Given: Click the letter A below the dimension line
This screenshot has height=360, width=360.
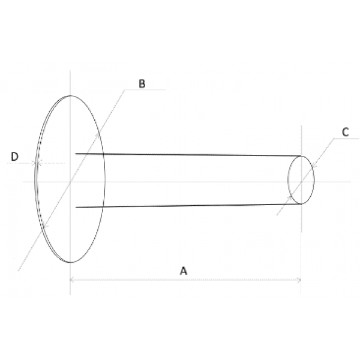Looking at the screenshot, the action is tap(184, 271).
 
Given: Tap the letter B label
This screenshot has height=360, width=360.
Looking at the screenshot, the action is tap(142, 84).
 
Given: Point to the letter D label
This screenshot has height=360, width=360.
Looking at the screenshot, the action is tap(15, 157).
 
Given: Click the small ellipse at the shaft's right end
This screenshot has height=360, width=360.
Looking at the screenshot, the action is tap(301, 180).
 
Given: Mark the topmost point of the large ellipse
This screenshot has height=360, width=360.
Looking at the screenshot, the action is tap(71, 95).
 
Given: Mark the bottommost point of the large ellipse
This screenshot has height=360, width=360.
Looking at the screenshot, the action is tap(71, 262).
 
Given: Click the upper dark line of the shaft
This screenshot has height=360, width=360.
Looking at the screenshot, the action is tap(186, 155).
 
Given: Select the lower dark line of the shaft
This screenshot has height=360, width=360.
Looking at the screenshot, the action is tap(186, 206).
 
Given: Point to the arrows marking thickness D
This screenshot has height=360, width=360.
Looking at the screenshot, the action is tap(37, 163).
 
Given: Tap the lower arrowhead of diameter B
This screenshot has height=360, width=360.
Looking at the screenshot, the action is tap(43, 224).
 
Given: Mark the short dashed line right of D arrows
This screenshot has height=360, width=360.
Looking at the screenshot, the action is tap(53, 163).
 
